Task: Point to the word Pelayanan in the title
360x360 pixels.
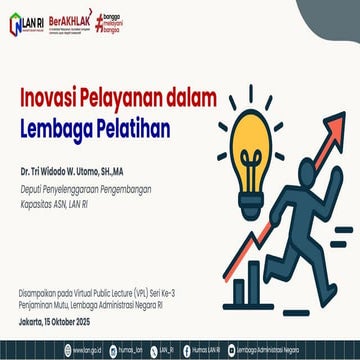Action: (x=133, y=100)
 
